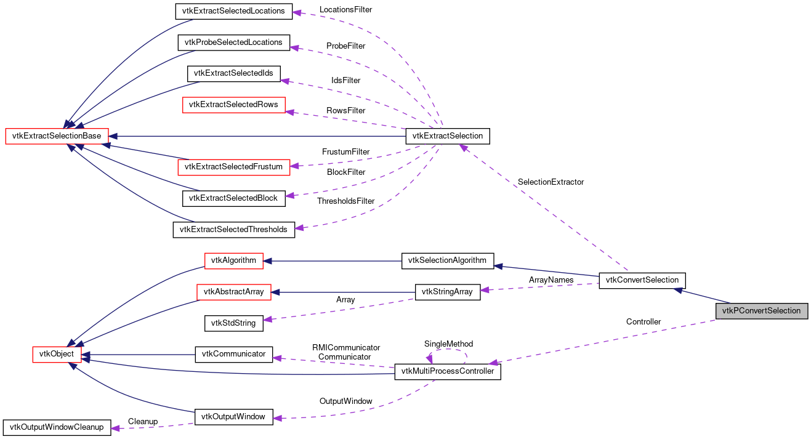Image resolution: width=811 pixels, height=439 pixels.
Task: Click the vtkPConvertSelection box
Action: coord(761,311)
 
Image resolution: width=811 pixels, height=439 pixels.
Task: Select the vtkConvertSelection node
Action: coord(642,280)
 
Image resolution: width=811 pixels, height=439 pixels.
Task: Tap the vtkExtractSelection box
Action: coord(447,136)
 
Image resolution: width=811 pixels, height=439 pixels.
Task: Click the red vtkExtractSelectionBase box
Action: coord(57,136)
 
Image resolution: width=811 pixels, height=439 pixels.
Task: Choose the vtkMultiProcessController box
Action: coord(447,371)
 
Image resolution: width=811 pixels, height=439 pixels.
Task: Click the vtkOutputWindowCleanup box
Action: coord(56,427)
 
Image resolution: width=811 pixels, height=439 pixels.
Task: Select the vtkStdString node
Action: coord(233,322)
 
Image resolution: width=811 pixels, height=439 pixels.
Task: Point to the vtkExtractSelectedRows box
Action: coord(233,105)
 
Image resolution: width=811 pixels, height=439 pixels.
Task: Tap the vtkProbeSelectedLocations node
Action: coord(233,42)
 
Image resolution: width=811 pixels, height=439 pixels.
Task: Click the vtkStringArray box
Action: coord(447,292)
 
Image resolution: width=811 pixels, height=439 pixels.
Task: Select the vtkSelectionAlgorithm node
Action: coord(447,260)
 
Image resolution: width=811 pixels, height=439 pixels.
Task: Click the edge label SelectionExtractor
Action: coord(551,182)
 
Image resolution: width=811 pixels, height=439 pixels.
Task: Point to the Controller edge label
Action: coord(643,322)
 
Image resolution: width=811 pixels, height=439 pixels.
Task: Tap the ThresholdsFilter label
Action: coord(345,201)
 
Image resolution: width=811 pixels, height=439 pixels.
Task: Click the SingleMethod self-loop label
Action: coord(448,344)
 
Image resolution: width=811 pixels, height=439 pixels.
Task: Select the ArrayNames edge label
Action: coord(551,280)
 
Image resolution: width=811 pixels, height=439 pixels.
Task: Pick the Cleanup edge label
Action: coord(143,422)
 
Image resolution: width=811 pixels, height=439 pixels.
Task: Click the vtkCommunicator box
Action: coord(233,354)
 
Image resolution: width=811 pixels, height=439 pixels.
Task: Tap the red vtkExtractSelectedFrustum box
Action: coord(233,166)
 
